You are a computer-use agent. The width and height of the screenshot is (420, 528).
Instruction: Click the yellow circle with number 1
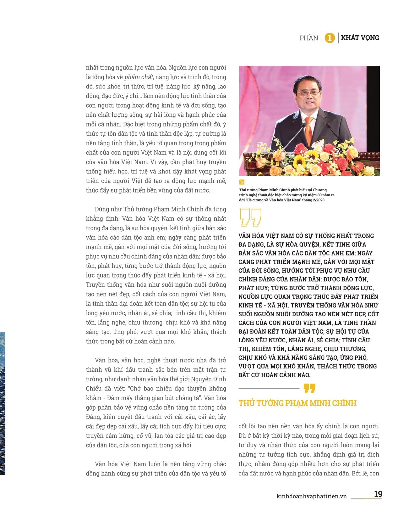coord(330,38)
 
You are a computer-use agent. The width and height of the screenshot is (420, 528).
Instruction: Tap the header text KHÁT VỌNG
coord(360,38)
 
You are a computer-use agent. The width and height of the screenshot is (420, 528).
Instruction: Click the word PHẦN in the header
coord(309,38)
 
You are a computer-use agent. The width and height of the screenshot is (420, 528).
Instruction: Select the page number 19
coord(378,494)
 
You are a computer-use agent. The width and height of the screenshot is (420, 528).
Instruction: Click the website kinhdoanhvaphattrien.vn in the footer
coord(311,496)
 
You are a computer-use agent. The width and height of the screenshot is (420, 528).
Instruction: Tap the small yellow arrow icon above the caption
coord(242,182)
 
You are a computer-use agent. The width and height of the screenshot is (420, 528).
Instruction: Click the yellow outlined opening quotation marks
coord(250,217)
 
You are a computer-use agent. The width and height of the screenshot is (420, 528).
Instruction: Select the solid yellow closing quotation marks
coord(309,388)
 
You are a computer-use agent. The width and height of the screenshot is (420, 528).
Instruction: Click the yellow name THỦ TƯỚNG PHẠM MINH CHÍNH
coord(297,403)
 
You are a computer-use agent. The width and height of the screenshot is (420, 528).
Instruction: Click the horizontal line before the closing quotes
coord(269,389)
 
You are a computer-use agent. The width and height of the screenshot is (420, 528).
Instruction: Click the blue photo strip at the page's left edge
coord(3,403)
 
